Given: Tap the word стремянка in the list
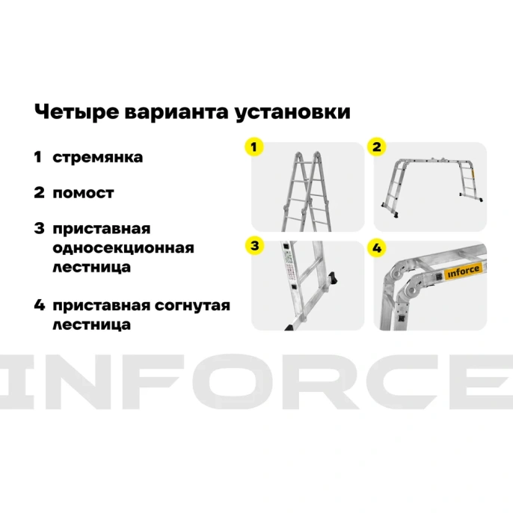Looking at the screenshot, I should (x=97, y=158).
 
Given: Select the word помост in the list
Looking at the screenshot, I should (x=83, y=193).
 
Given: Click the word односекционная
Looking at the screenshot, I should (x=123, y=248).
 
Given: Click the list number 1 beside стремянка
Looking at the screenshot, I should (x=38, y=158).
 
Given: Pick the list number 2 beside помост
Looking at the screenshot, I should (x=39, y=193).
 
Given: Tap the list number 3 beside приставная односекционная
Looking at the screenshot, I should (x=39, y=228).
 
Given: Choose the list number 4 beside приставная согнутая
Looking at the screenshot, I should (x=39, y=306).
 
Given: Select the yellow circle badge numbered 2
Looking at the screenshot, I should (x=378, y=147).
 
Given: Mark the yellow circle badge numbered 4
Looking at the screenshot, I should (x=378, y=248).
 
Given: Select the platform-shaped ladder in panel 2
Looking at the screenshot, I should (x=429, y=183).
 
